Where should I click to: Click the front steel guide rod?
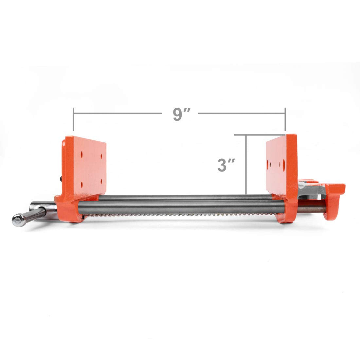[x=180, y=207]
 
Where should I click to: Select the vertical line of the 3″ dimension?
[x=246, y=164]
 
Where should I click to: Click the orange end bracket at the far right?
[x=334, y=200]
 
